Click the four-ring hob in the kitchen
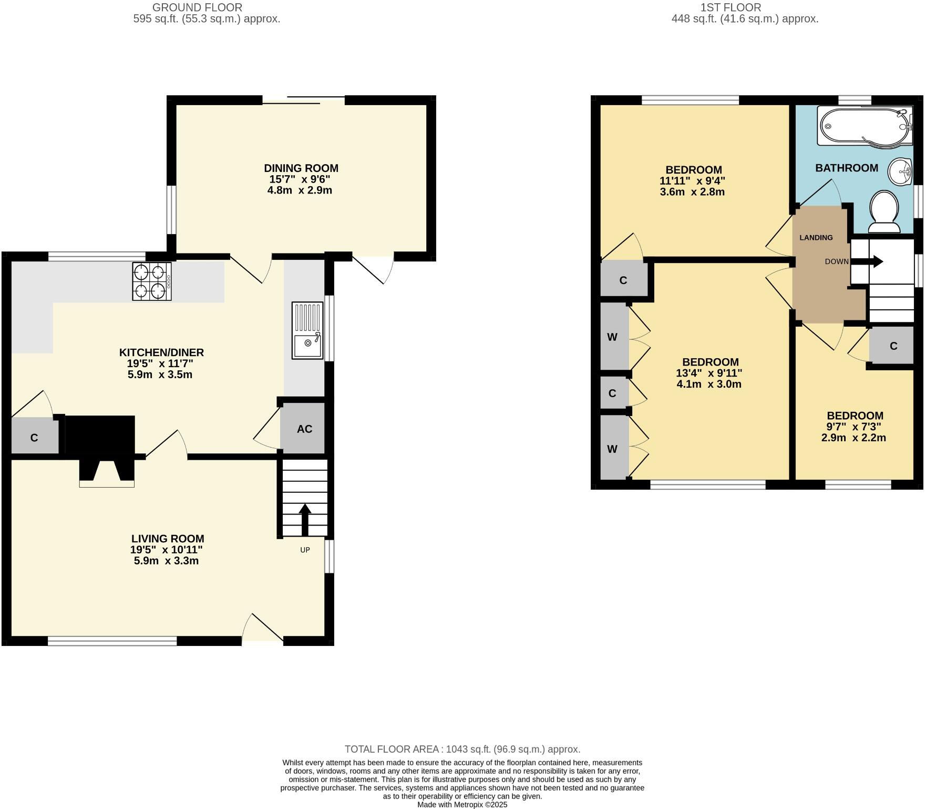coord(152,281)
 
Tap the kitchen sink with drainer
coord(307,331)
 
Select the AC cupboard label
coord(304,429)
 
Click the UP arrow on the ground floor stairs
coord(305,519)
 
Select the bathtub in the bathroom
coord(864,126)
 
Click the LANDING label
coord(816,237)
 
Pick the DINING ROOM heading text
coord(301,168)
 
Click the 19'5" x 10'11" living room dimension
coord(167,550)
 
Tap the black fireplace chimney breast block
coord(100,434)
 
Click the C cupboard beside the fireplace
coord(34,437)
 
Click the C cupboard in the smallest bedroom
coord(893,346)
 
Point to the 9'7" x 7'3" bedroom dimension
coord(854,427)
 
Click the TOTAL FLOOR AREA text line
coord(462,749)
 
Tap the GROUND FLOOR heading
coord(197,7)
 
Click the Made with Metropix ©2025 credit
coord(462,805)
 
